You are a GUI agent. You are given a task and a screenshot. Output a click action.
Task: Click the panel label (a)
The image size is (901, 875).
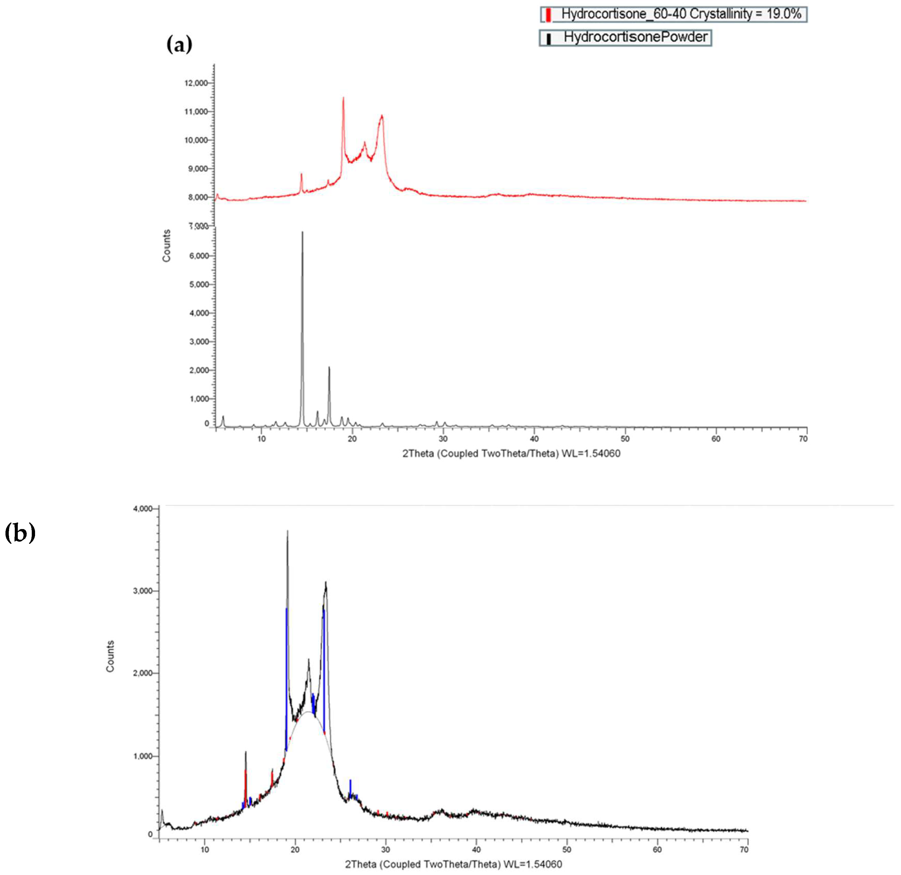tap(179, 45)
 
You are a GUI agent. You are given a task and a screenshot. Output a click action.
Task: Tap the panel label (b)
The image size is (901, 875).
tap(20, 533)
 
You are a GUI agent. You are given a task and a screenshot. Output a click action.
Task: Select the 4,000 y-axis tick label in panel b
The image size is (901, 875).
tap(143, 509)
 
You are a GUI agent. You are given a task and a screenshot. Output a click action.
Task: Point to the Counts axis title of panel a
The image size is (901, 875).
tap(166, 246)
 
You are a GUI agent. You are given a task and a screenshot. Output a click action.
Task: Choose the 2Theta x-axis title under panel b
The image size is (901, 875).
tap(453, 864)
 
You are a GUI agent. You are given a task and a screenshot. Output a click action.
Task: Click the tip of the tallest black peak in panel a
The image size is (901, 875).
tap(303, 232)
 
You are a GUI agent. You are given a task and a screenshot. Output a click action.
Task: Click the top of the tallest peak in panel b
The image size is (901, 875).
tap(287, 531)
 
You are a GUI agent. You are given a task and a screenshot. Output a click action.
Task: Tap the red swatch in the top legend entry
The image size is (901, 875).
tap(548, 15)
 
